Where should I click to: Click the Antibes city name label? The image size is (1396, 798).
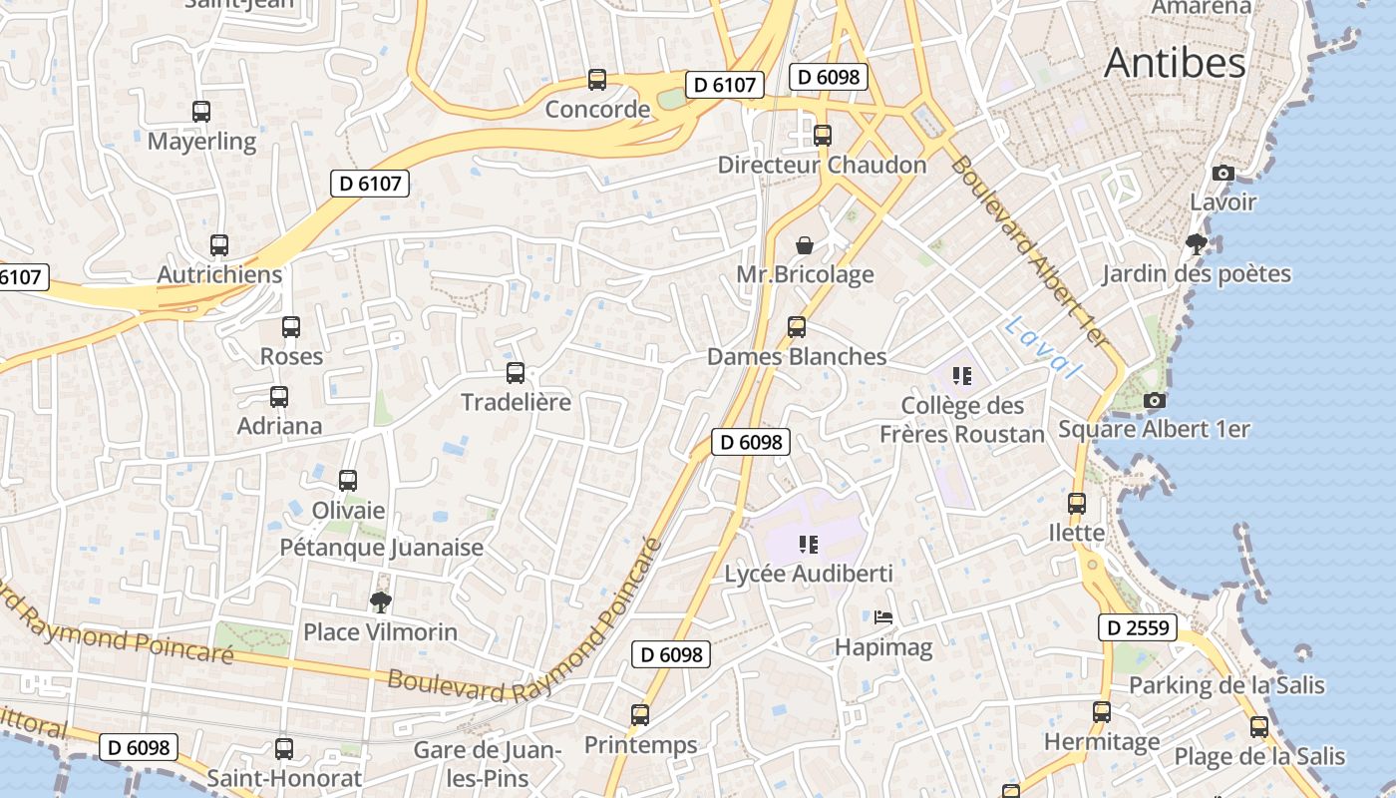click(1175, 63)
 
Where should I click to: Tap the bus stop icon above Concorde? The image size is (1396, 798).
click(597, 80)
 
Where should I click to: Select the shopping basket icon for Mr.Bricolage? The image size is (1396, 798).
click(805, 244)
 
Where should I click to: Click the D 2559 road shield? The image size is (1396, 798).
click(1138, 627)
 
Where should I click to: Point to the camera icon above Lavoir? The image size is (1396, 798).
click(1223, 173)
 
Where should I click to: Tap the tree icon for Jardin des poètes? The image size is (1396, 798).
click(1196, 243)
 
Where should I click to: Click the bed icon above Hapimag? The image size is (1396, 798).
click(883, 617)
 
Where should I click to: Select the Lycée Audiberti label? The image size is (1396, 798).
click(809, 574)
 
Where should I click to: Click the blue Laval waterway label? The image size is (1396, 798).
click(1043, 347)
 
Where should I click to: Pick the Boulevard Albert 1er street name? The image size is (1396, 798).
click(1028, 251)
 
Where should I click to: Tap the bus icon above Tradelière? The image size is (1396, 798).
click(516, 373)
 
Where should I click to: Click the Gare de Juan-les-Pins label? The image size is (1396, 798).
click(488, 763)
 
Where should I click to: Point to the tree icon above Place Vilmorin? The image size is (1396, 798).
click(380, 601)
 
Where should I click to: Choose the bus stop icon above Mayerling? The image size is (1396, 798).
click(201, 112)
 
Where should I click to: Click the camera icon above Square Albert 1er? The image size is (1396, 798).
click(1155, 400)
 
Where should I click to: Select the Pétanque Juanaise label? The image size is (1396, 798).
click(381, 548)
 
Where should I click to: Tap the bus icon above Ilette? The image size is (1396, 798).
click(1077, 504)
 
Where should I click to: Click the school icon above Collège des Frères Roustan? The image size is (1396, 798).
click(962, 376)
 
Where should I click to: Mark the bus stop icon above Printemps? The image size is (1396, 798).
click(640, 715)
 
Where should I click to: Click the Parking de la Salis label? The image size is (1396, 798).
click(1226, 685)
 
